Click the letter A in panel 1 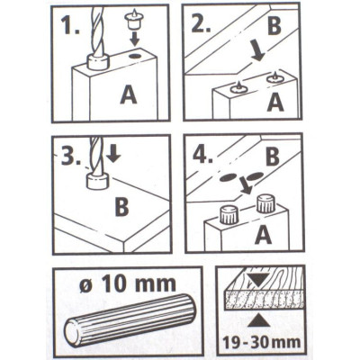[129, 94]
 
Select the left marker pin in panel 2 [239, 86]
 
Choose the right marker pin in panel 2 [274, 79]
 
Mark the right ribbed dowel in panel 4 [264, 203]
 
